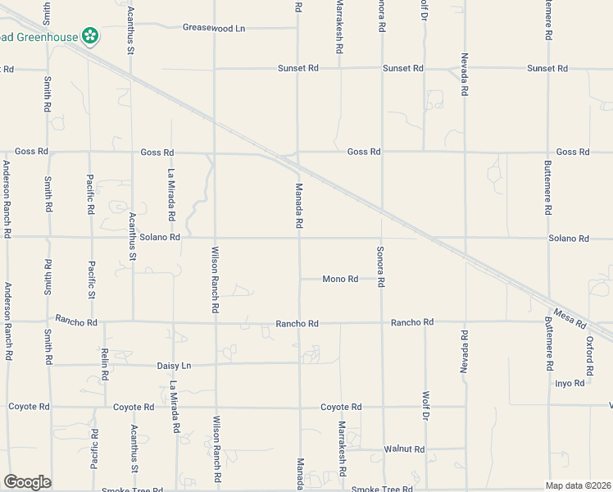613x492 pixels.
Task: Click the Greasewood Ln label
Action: coord(214,28)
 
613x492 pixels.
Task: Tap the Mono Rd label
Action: coord(340,279)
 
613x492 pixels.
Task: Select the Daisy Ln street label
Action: coord(174,365)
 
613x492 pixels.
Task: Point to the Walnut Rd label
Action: coord(404,449)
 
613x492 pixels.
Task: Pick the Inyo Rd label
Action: coord(570,383)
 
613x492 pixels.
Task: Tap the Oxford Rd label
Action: coord(588,351)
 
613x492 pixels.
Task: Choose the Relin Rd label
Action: coord(105,363)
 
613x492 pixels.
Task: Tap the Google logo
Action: coord(27,482)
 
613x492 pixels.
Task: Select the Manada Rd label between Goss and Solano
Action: coord(299,206)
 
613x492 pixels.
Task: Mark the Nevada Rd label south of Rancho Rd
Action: coord(464,353)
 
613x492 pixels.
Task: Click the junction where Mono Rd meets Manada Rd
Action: coord(299,279)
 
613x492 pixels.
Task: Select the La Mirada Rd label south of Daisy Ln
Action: coord(175,408)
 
